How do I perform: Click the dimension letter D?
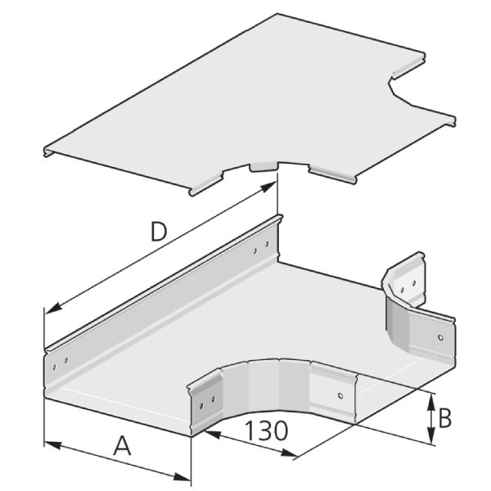(159, 232)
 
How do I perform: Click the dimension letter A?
(122, 446)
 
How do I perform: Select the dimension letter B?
(445, 418)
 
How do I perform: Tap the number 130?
(266, 430)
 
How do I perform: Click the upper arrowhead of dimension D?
(268, 187)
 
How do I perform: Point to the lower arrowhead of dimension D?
(53, 307)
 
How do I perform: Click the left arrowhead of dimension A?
(52, 444)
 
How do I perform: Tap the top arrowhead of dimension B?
(432, 401)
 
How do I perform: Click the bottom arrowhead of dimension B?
(432, 436)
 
